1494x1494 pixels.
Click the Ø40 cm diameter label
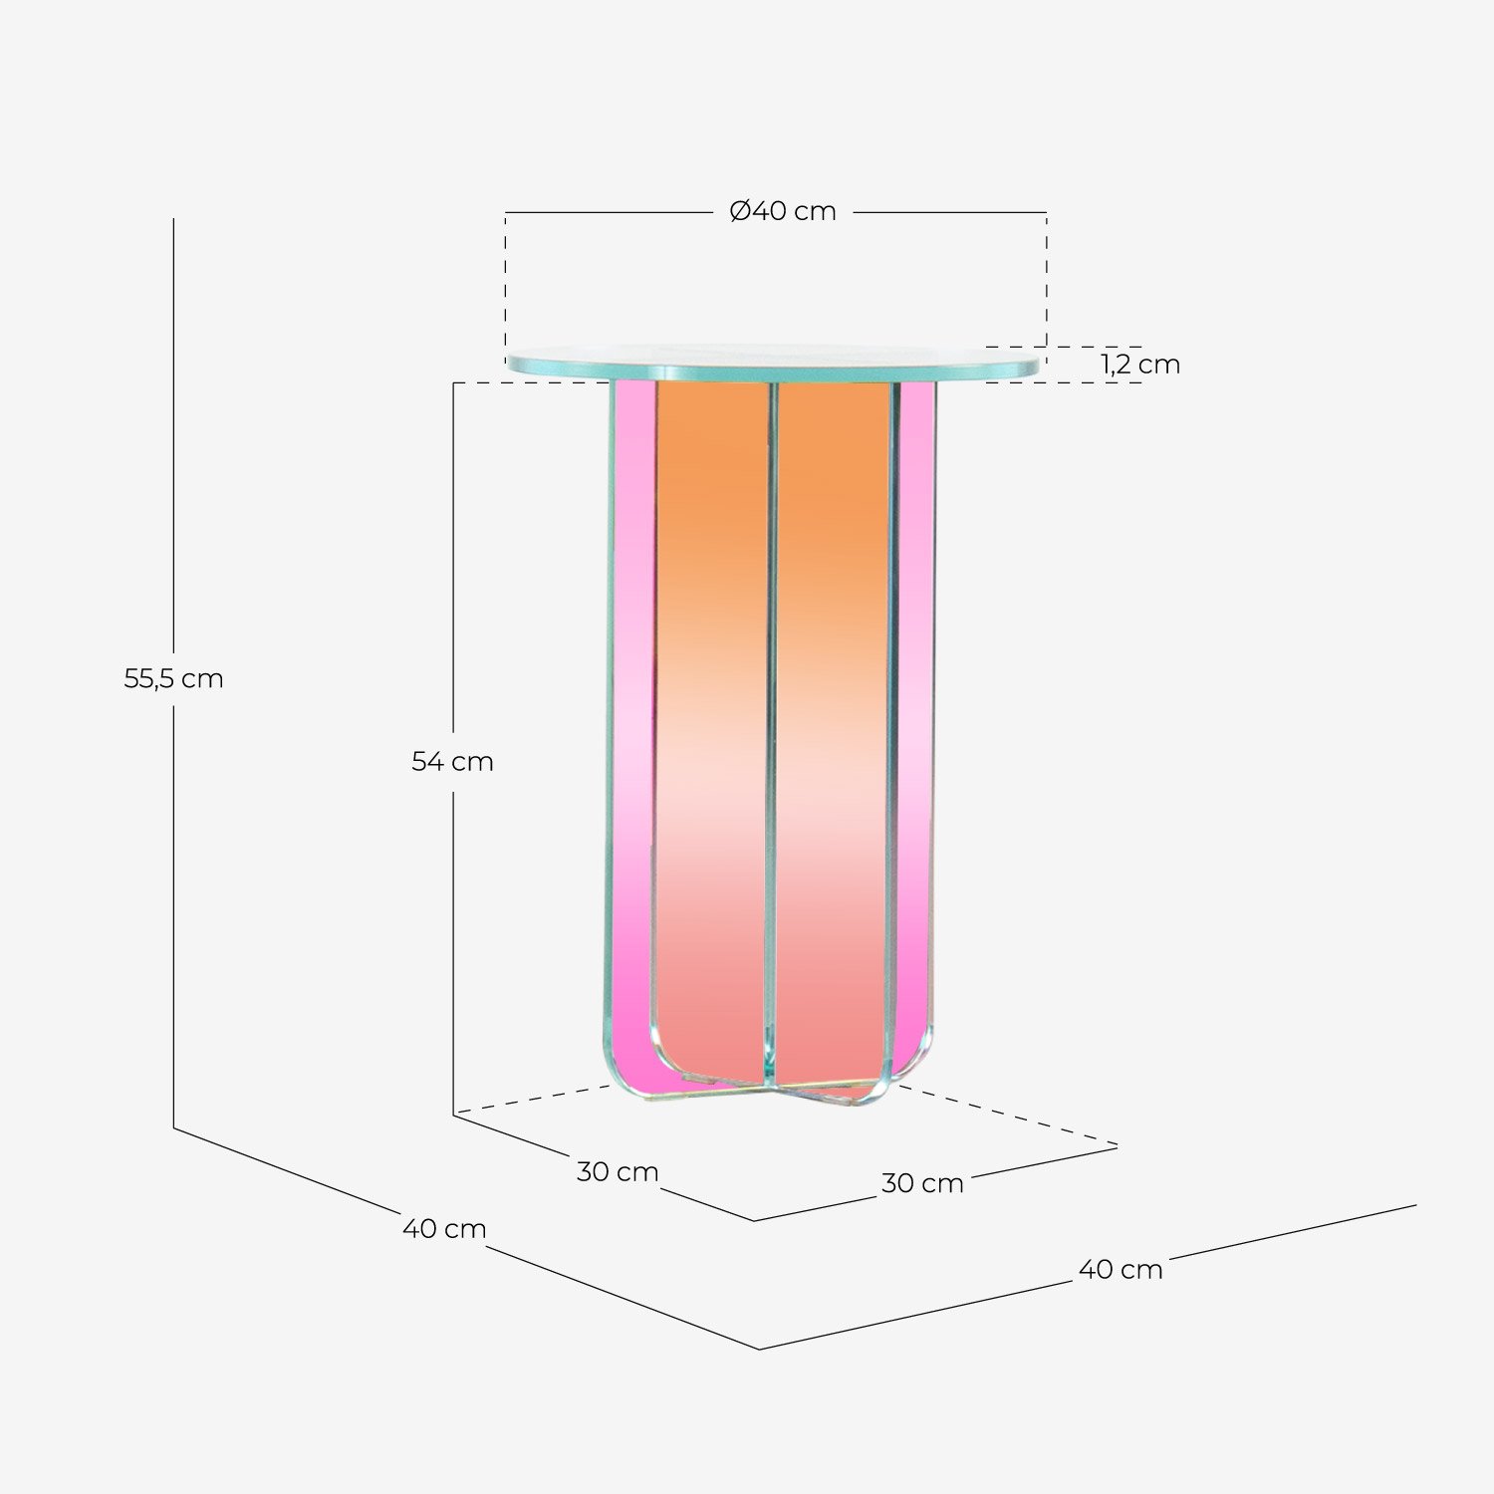pyautogui.click(x=783, y=211)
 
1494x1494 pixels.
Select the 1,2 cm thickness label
pyautogui.click(x=1140, y=365)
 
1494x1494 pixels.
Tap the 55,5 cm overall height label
pyautogui.click(x=173, y=679)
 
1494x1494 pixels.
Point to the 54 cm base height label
pyautogui.click(x=453, y=762)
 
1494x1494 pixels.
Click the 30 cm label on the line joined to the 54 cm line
pyautogui.click(x=618, y=1172)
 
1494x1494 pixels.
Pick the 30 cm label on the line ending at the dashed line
pyautogui.click(x=922, y=1183)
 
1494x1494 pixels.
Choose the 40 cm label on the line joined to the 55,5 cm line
pyautogui.click(x=444, y=1229)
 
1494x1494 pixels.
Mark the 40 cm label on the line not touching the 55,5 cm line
pyautogui.click(x=1120, y=1270)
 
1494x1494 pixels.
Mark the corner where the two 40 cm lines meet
pyautogui.click(x=760, y=1349)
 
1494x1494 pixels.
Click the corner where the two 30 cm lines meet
pyautogui.click(x=755, y=1220)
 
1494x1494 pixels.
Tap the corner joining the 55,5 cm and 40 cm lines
pyautogui.click(x=174, y=1127)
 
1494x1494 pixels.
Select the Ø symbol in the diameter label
pyautogui.click(x=739, y=211)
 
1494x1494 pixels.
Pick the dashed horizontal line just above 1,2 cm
pyautogui.click(x=1064, y=347)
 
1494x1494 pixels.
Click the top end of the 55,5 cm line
pyautogui.click(x=173, y=220)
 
